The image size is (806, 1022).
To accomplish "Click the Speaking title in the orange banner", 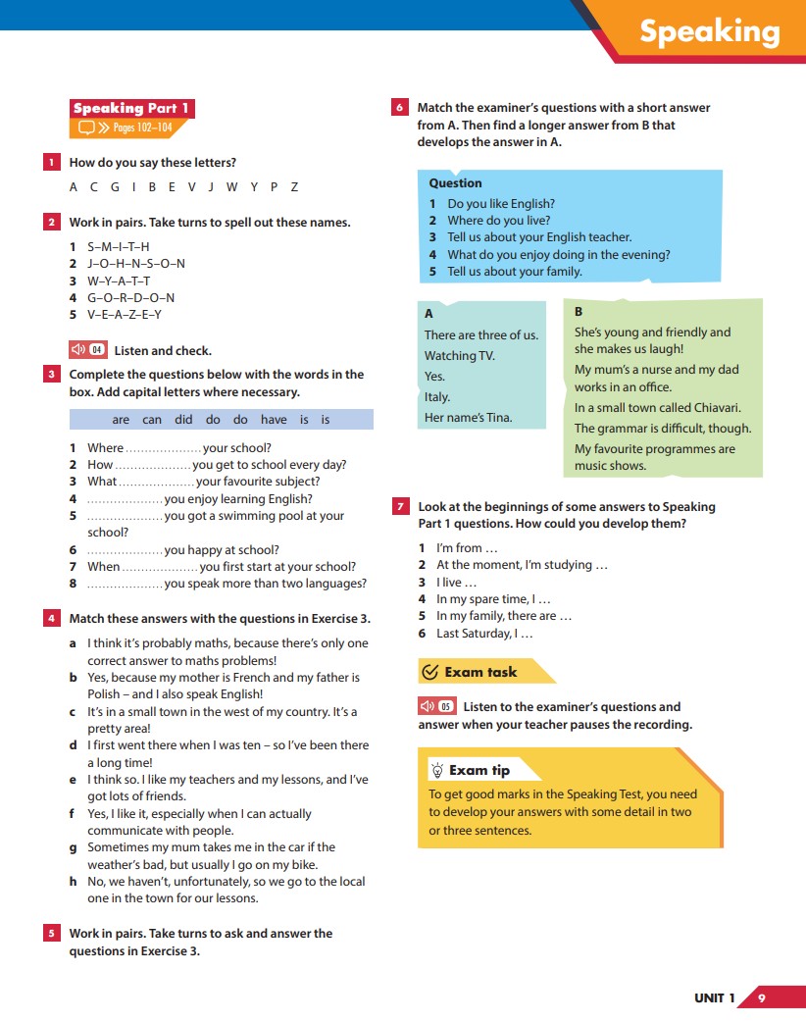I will [709, 31].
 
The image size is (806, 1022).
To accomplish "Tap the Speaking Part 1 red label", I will [131, 109].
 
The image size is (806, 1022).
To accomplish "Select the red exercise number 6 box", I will [399, 108].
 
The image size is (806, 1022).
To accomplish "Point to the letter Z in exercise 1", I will [294, 187].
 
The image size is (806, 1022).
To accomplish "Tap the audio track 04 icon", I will [87, 350].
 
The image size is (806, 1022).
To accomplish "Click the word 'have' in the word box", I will [274, 420].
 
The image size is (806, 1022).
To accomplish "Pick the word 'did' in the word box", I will [184, 420].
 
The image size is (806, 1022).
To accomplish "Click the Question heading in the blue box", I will [455, 183].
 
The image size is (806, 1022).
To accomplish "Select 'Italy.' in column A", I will [437, 397].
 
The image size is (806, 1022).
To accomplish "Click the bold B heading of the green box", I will [579, 311].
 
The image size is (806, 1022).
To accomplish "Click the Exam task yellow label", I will [479, 672].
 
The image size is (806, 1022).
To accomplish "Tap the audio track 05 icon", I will [436, 706].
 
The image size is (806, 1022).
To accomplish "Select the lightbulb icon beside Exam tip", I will [437, 771].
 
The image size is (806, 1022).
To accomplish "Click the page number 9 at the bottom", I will [762, 998].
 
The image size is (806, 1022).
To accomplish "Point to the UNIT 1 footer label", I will [714, 998].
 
